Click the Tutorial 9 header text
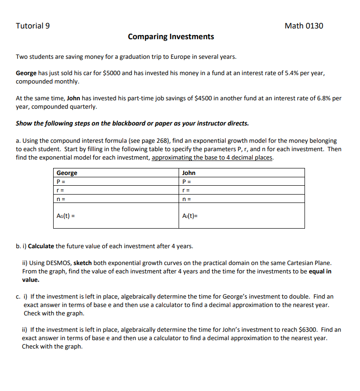pyautogui.click(x=33, y=26)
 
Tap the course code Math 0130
pyautogui.click(x=304, y=26)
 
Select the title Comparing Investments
pyautogui.click(x=171, y=36)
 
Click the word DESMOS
pyautogui.click(x=60, y=263)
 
